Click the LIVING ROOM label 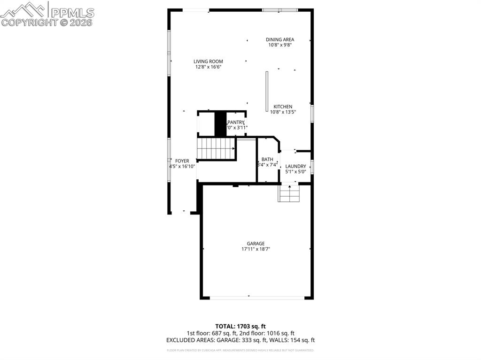tap(208, 61)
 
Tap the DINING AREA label tap(280, 40)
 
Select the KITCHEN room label tap(283, 107)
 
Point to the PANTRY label tap(236, 122)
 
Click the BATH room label tap(267, 159)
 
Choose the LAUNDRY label tap(295, 166)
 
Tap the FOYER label tap(182, 161)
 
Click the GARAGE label tap(256, 244)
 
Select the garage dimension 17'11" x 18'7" tap(256, 249)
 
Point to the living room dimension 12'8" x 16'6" tap(208, 67)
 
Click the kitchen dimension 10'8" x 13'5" tap(283, 112)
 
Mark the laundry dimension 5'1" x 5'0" tap(295, 172)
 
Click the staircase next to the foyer tap(216, 148)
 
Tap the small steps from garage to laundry tap(289, 193)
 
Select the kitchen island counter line tap(267, 85)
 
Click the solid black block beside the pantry tap(220, 123)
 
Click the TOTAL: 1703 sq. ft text tap(240, 326)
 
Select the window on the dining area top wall tap(280, 10)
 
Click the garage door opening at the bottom tap(256, 298)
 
